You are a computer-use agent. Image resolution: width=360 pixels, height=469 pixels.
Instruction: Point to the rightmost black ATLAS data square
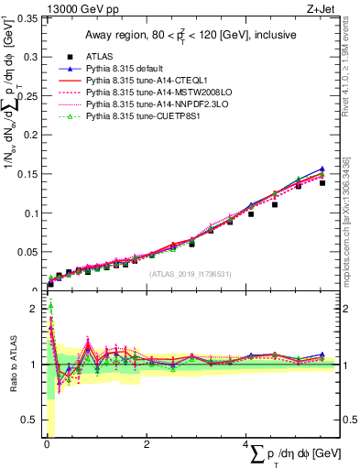point(322,183)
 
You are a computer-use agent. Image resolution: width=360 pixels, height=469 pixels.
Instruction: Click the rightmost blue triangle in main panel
point(322,169)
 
